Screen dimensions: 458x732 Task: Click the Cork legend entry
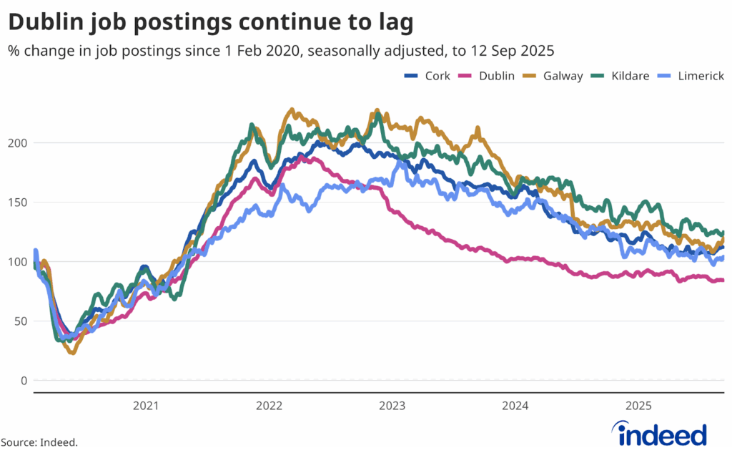click(x=427, y=76)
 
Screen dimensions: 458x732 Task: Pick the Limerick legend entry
click(x=691, y=76)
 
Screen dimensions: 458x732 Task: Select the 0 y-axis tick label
click(x=24, y=380)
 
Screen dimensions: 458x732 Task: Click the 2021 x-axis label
click(x=146, y=406)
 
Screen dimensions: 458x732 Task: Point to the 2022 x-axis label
click(x=269, y=406)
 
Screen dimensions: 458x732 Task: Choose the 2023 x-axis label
click(x=392, y=406)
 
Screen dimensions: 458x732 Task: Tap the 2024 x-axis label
click(x=515, y=406)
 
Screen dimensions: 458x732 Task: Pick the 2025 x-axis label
click(x=638, y=406)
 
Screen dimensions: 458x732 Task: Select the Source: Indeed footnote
click(x=39, y=443)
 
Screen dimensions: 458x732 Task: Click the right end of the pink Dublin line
click(x=723, y=281)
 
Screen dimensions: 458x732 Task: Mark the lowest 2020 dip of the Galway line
click(x=71, y=352)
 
